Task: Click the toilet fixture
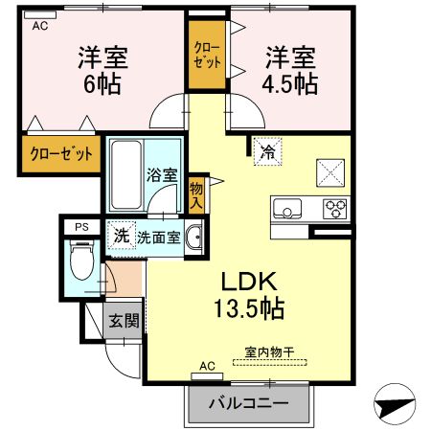point(82,260)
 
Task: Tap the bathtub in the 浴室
point(126,175)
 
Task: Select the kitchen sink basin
point(286,208)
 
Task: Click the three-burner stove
point(335,209)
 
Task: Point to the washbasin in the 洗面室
point(193,238)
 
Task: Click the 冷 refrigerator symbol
point(267,151)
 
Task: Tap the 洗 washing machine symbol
point(122,236)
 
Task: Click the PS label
point(81,227)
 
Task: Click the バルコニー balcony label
point(248,403)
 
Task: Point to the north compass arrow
point(396,404)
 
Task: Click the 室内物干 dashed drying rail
point(270,362)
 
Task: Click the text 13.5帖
point(249,308)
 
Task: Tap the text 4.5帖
point(290,84)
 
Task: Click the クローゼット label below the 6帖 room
point(61,154)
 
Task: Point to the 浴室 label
point(162,174)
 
